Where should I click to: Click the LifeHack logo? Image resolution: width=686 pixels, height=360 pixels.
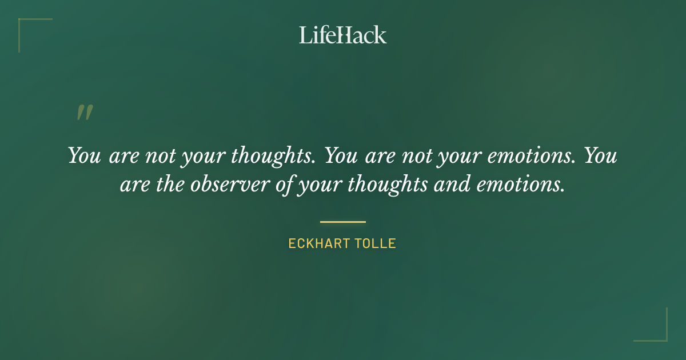[343, 35]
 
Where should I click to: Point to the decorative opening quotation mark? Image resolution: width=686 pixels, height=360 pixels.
[85, 113]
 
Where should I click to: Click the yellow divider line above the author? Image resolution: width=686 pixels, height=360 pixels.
[343, 222]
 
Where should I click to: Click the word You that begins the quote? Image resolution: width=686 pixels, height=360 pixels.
[85, 155]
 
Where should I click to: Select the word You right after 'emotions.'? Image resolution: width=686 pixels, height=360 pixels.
[601, 155]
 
